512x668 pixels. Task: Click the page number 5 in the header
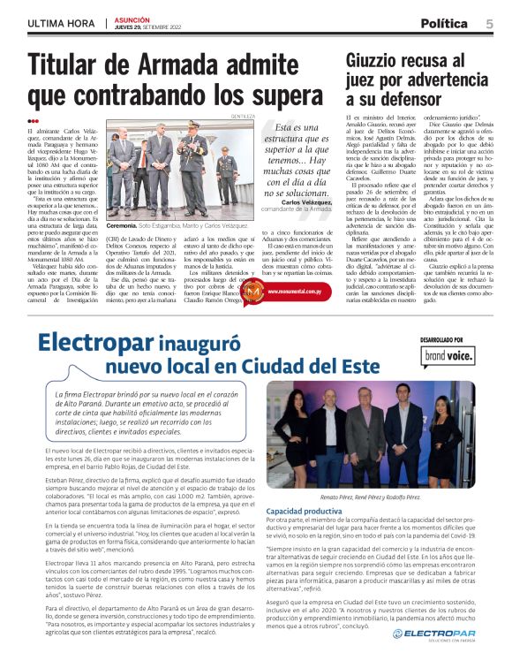tap(488, 24)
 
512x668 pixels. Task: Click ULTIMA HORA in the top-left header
tap(60, 24)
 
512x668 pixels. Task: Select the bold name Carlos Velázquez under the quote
tap(308, 201)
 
